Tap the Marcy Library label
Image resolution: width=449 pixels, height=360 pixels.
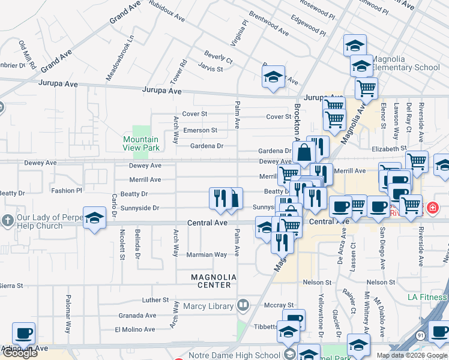208,307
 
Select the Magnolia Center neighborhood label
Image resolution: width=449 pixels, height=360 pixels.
214,281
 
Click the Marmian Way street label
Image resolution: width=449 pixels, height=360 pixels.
207,254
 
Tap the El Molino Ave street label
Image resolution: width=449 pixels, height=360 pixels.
135,329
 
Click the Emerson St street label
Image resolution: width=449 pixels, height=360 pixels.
200,130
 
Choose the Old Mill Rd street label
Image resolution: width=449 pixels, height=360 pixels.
28,53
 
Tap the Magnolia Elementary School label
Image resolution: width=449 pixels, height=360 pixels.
406,64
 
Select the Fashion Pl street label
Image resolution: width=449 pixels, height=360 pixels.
66,191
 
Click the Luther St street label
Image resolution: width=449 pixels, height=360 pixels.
155,300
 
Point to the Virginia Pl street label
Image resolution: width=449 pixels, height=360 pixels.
240,34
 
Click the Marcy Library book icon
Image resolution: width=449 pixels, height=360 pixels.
243,306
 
